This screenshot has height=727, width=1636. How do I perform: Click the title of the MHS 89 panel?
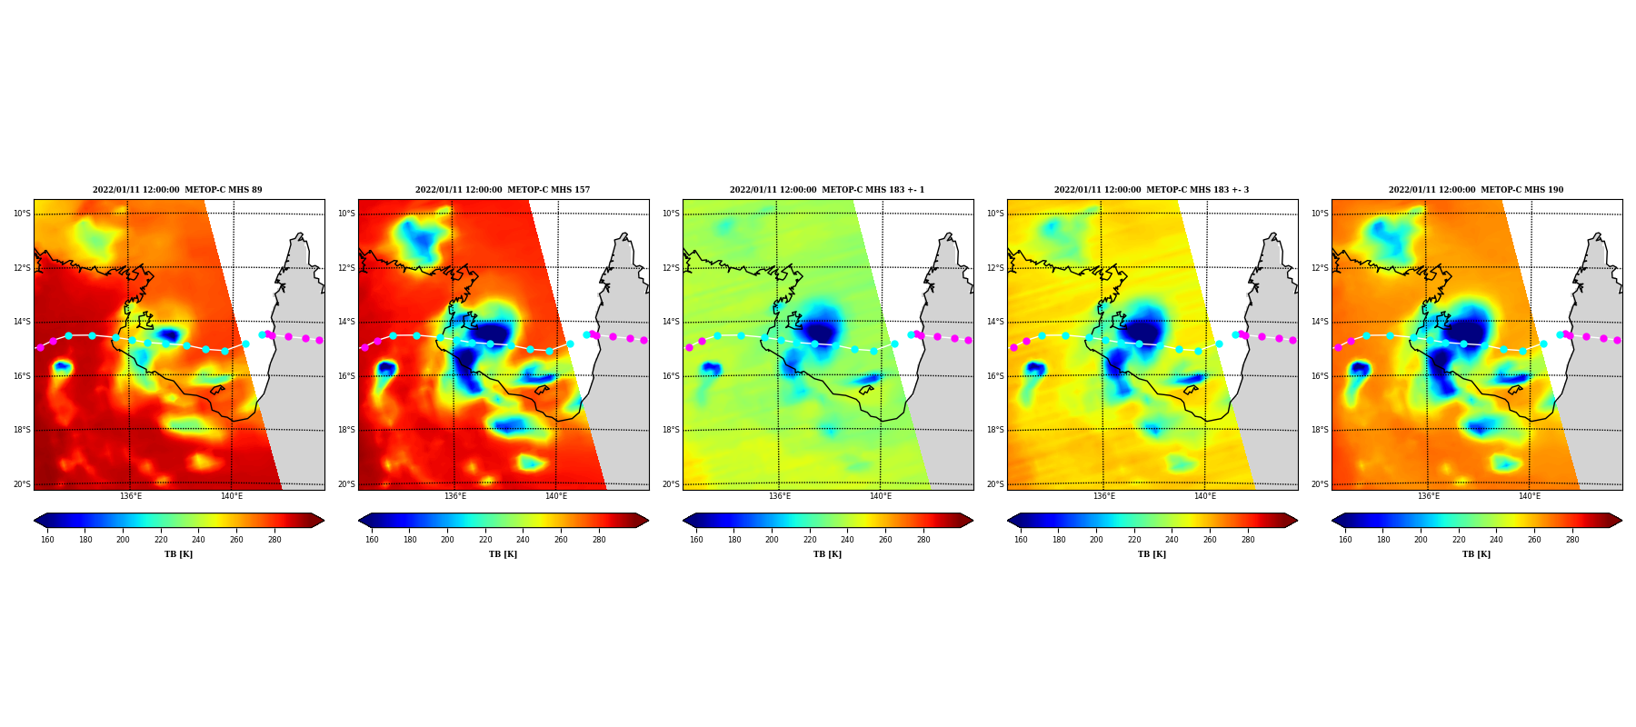tap(177, 190)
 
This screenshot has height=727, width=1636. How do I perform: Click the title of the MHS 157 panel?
tap(503, 190)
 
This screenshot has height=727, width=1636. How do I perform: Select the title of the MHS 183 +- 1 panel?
tap(827, 190)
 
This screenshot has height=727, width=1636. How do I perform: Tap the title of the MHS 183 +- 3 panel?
tap(1152, 190)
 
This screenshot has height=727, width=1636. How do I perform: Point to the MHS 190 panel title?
tap(1476, 190)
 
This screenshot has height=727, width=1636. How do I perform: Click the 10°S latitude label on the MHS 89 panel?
tap(22, 214)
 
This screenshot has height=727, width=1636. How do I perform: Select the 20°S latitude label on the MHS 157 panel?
tap(346, 484)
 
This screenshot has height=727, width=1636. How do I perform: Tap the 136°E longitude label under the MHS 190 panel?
tap(1429, 496)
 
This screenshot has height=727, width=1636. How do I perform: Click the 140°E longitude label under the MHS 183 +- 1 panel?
tap(881, 496)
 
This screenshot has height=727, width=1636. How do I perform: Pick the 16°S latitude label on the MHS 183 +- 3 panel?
tap(995, 376)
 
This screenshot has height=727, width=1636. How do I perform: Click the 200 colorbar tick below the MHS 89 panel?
tap(123, 540)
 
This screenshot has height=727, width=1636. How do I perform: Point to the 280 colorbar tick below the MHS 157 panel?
tap(599, 540)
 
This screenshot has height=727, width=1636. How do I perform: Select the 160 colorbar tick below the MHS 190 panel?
tap(1345, 540)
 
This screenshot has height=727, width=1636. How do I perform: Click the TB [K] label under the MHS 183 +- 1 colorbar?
tap(827, 554)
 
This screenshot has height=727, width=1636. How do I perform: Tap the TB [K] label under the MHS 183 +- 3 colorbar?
tap(1152, 554)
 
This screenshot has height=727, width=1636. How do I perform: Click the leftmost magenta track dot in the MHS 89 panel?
tap(40, 347)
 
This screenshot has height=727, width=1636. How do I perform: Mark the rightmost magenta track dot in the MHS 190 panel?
tap(1617, 340)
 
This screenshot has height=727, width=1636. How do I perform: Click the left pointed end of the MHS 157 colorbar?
tap(359, 521)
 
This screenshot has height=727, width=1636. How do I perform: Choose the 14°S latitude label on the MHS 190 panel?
tap(1320, 322)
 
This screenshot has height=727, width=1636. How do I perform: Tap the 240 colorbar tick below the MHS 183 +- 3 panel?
tap(1172, 540)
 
